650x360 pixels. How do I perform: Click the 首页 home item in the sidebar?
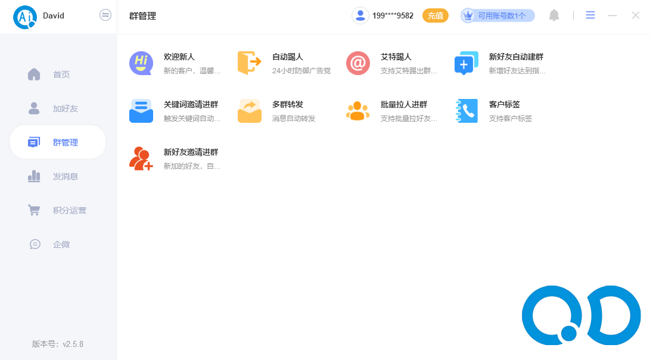pyautogui.click(x=61, y=75)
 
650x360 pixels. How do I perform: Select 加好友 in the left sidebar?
pyautogui.click(x=65, y=108)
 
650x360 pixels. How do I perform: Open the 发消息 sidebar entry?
pyautogui.click(x=65, y=176)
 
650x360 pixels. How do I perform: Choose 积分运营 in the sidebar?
pyautogui.click(x=69, y=210)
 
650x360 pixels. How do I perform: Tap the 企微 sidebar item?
pyautogui.click(x=61, y=244)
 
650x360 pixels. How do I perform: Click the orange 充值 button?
pyautogui.click(x=436, y=15)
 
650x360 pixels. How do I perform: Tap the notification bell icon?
pyautogui.click(x=554, y=15)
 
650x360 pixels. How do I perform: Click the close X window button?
pyautogui.click(x=636, y=15)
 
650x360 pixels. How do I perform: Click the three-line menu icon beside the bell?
pyautogui.click(x=590, y=15)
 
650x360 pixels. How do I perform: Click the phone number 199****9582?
pyautogui.click(x=393, y=16)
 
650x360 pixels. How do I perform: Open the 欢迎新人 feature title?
pyautogui.click(x=179, y=57)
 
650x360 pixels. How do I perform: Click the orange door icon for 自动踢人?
pyautogui.click(x=249, y=63)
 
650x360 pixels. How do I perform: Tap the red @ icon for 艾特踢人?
pyautogui.click(x=358, y=63)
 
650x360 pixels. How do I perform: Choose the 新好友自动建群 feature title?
pyautogui.click(x=516, y=57)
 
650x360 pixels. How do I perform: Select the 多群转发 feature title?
pyautogui.click(x=288, y=104)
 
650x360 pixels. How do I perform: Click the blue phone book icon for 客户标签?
pyautogui.click(x=466, y=111)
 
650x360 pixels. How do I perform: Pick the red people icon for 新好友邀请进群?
pyautogui.click(x=141, y=159)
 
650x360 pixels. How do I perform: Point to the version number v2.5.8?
pyautogui.click(x=73, y=344)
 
